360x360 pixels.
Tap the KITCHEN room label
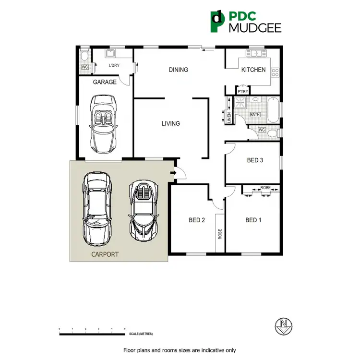click(253, 70)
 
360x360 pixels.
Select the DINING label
click(178, 70)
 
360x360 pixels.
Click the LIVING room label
click(170, 123)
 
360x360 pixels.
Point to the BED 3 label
click(255, 160)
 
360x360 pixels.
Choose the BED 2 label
click(197, 220)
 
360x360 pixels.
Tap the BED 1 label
click(253, 220)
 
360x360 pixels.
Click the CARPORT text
click(105, 254)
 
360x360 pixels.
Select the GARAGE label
click(105, 82)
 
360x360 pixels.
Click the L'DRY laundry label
click(114, 65)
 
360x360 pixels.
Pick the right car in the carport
click(142, 210)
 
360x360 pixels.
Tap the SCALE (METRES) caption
click(141, 334)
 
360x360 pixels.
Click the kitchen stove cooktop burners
click(275, 72)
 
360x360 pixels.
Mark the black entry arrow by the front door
click(173, 172)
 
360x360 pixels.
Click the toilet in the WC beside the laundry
click(84, 54)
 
